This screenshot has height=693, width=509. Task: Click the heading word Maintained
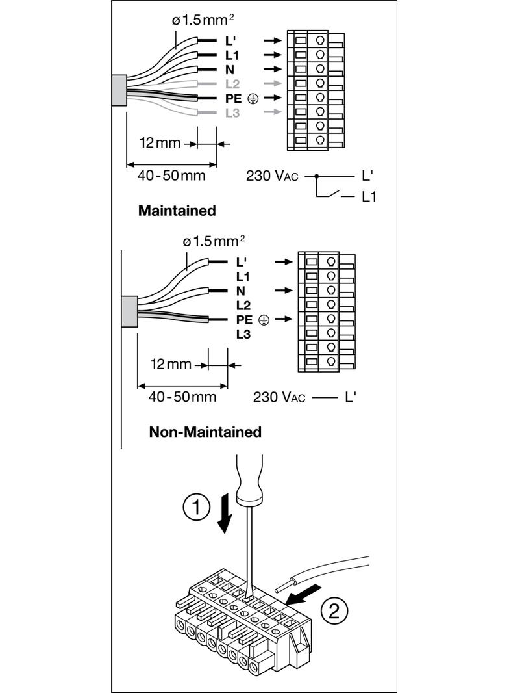point(177,211)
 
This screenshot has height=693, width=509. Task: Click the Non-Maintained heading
point(205,432)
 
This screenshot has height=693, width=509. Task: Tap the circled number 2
point(334,611)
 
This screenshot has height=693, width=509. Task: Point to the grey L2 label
point(232,83)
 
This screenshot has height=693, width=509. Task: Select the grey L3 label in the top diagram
point(232,112)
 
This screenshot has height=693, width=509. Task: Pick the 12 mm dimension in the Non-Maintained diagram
point(171,364)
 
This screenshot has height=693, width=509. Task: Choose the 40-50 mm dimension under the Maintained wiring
point(171,176)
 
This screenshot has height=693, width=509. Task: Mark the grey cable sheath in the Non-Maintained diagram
point(129,311)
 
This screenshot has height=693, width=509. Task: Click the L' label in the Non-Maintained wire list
point(242,262)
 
